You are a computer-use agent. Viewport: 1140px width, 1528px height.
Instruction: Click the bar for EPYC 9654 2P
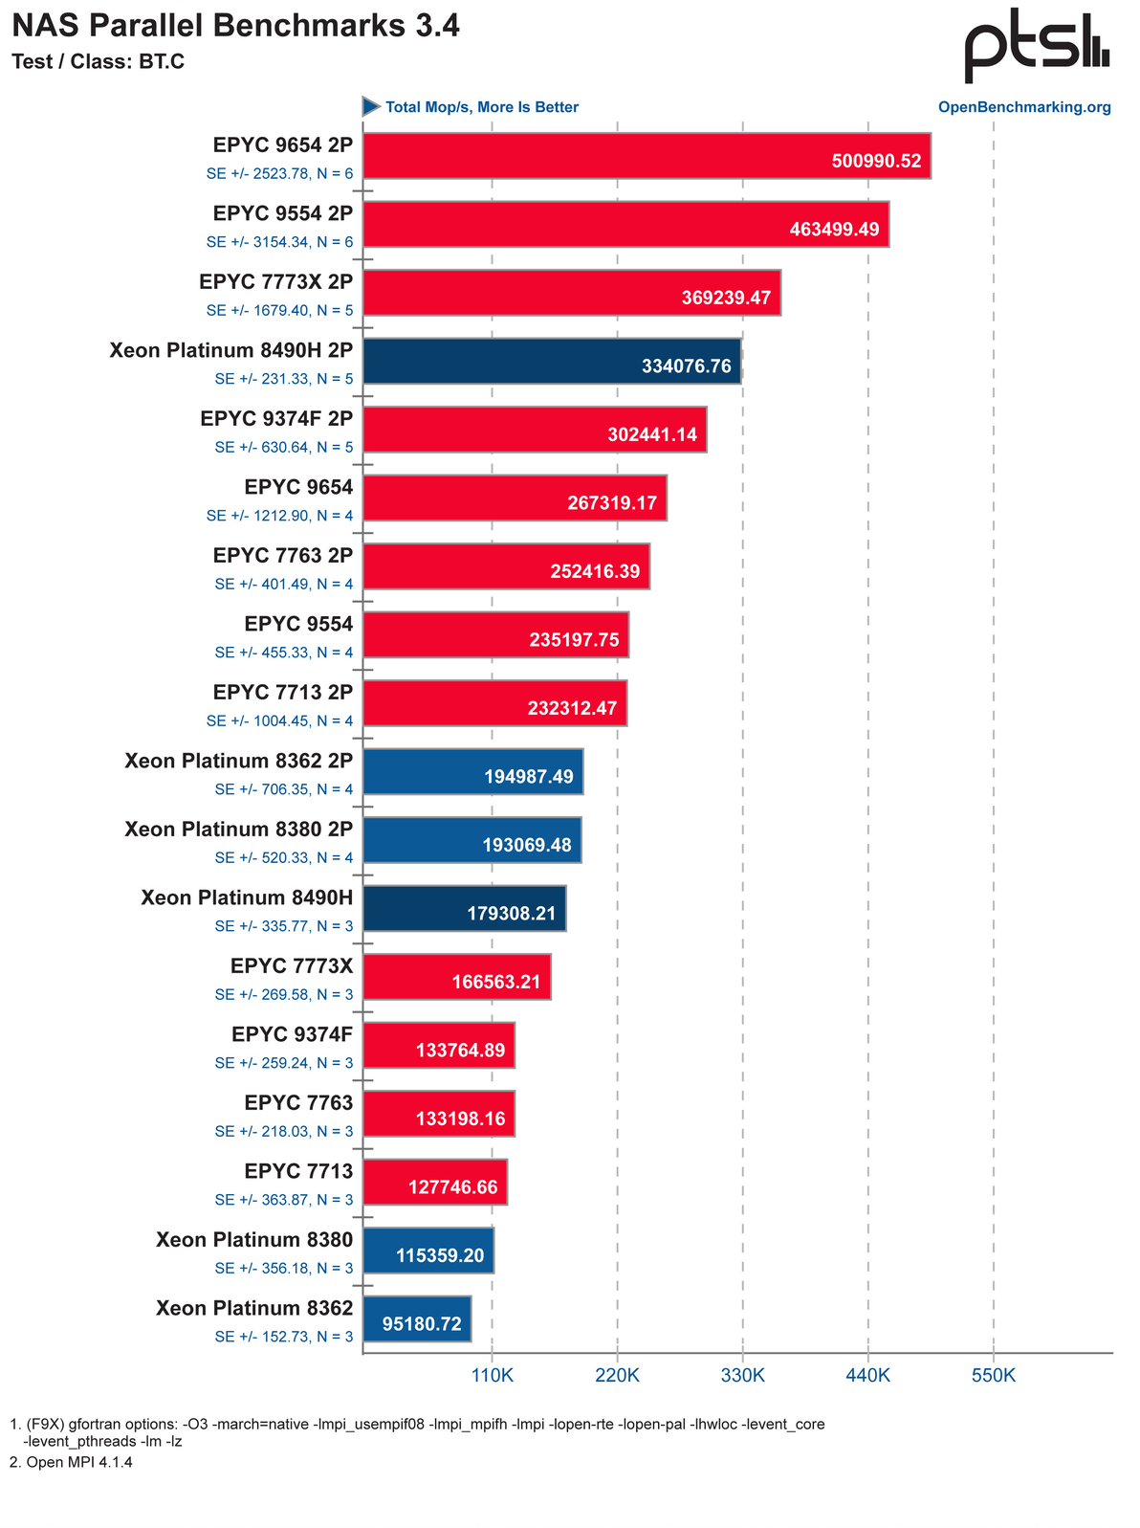[647, 155]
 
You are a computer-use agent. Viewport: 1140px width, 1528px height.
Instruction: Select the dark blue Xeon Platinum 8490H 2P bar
[552, 361]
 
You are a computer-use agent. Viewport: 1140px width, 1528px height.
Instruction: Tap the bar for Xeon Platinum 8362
[417, 1318]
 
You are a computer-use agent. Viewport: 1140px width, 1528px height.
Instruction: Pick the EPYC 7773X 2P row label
[275, 281]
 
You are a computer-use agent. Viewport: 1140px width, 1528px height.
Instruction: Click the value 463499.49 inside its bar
[834, 230]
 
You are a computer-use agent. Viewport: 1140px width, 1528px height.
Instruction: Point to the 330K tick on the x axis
[742, 1376]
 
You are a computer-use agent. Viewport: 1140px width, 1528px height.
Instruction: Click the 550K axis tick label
[993, 1376]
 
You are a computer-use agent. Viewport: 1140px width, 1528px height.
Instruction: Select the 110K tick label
[493, 1376]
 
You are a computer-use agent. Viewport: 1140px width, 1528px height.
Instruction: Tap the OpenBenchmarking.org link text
[1024, 107]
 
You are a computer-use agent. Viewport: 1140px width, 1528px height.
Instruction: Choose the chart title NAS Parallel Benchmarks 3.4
[236, 26]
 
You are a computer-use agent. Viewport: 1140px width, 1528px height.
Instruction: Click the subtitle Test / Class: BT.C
[99, 62]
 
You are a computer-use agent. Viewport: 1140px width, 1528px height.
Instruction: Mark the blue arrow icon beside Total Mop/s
[371, 106]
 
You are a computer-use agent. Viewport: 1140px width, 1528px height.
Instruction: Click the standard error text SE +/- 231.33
[283, 379]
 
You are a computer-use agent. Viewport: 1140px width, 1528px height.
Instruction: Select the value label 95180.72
[422, 1324]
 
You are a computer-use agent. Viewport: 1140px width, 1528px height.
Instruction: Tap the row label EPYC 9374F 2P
[276, 418]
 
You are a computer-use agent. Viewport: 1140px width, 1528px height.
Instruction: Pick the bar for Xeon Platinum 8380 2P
[472, 839]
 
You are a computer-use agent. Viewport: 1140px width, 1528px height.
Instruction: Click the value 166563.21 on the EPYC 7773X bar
[496, 982]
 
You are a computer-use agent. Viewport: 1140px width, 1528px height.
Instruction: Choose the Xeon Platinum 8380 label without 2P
[254, 1240]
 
